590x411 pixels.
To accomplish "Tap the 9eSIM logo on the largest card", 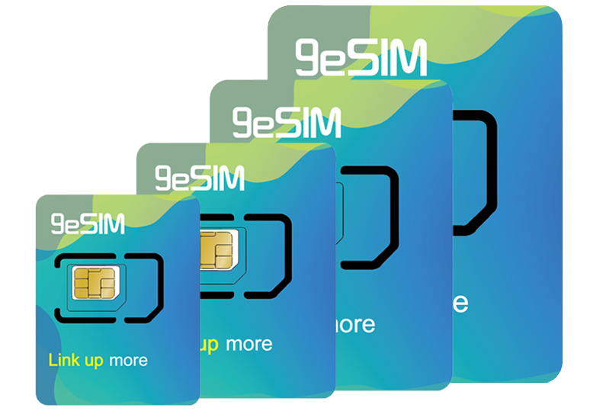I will pos(361,58).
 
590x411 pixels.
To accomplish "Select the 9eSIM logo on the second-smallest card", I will pos(200,177).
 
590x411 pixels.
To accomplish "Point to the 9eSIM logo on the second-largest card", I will pos(287,122).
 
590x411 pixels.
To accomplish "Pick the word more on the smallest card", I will pos(127,360).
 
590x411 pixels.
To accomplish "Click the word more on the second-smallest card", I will pos(248,344).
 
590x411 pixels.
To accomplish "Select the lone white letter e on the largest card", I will pos(460,302).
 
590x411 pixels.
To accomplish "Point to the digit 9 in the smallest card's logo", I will pos(58,223).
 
